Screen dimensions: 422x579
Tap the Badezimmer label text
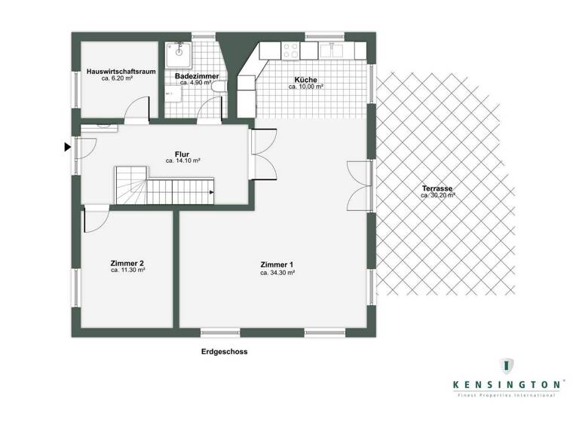click(x=197, y=76)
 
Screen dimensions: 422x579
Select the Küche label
click(x=305, y=80)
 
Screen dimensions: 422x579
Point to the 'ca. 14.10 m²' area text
click(x=182, y=161)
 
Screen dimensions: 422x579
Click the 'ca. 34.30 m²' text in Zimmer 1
click(x=277, y=273)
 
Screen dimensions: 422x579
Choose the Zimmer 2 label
click(x=127, y=262)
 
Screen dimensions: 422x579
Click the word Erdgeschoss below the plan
click(x=224, y=352)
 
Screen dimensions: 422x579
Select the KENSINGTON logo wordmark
click(x=507, y=384)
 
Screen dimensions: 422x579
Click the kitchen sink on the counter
click(x=332, y=50)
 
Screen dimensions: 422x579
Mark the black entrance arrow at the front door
click(x=68, y=147)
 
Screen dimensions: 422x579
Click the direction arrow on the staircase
click(x=210, y=191)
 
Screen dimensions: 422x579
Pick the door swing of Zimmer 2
click(x=95, y=221)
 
